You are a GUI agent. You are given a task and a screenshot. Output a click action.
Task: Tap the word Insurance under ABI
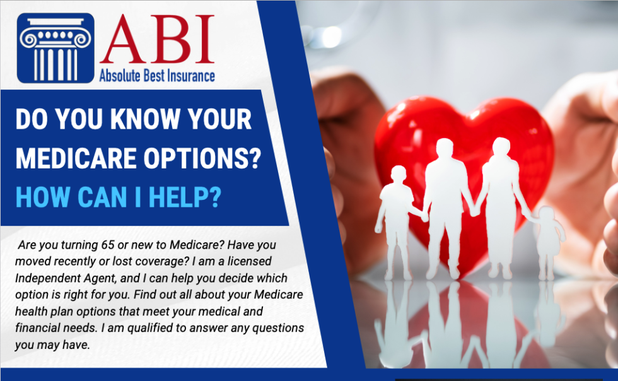pyautogui.click(x=186, y=76)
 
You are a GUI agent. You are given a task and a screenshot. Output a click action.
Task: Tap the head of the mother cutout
pyautogui.click(x=502, y=149)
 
